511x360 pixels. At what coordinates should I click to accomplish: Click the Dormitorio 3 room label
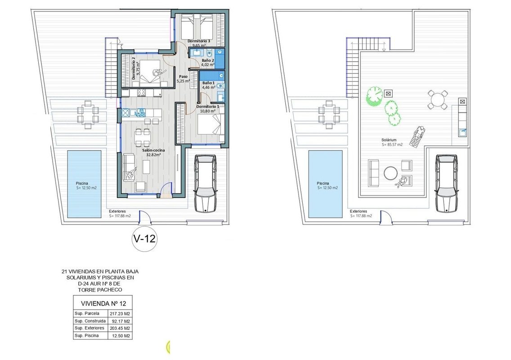tap(199, 41)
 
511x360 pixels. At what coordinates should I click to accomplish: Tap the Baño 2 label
tap(208, 60)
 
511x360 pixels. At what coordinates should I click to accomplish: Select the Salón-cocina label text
tap(153, 150)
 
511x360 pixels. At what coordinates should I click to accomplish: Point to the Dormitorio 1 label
tap(208, 106)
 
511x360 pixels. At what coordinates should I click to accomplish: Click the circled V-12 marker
tap(144, 239)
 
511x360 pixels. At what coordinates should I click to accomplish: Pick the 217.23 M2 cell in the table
tap(120, 314)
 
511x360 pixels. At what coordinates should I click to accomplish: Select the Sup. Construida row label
tap(90, 321)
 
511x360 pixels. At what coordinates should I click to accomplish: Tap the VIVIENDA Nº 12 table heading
tap(103, 304)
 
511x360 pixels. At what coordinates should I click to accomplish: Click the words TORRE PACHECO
tap(100, 289)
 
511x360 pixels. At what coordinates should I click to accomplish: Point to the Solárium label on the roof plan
tap(389, 140)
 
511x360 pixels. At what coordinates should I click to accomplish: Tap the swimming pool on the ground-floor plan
tap(84, 184)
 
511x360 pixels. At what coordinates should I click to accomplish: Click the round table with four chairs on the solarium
tap(438, 99)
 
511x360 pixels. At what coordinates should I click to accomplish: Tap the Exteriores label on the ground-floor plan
tap(117, 211)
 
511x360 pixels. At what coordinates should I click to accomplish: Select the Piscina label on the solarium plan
tap(323, 183)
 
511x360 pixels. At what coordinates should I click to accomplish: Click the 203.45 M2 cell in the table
tap(120, 328)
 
